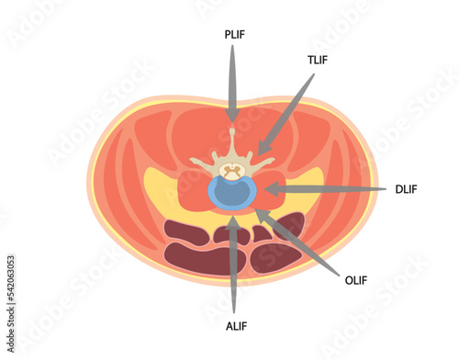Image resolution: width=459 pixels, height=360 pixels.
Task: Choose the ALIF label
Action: pyautogui.click(x=235, y=326)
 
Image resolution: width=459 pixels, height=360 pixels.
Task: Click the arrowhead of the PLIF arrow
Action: pyautogui.click(x=232, y=117)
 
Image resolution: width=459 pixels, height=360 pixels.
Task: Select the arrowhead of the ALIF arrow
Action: pyautogui.click(x=235, y=221)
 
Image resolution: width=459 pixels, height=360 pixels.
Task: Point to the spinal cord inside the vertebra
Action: pyautogui.click(x=232, y=170)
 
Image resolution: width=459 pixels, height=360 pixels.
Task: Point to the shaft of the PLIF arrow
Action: pyautogui.click(x=232, y=78)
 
